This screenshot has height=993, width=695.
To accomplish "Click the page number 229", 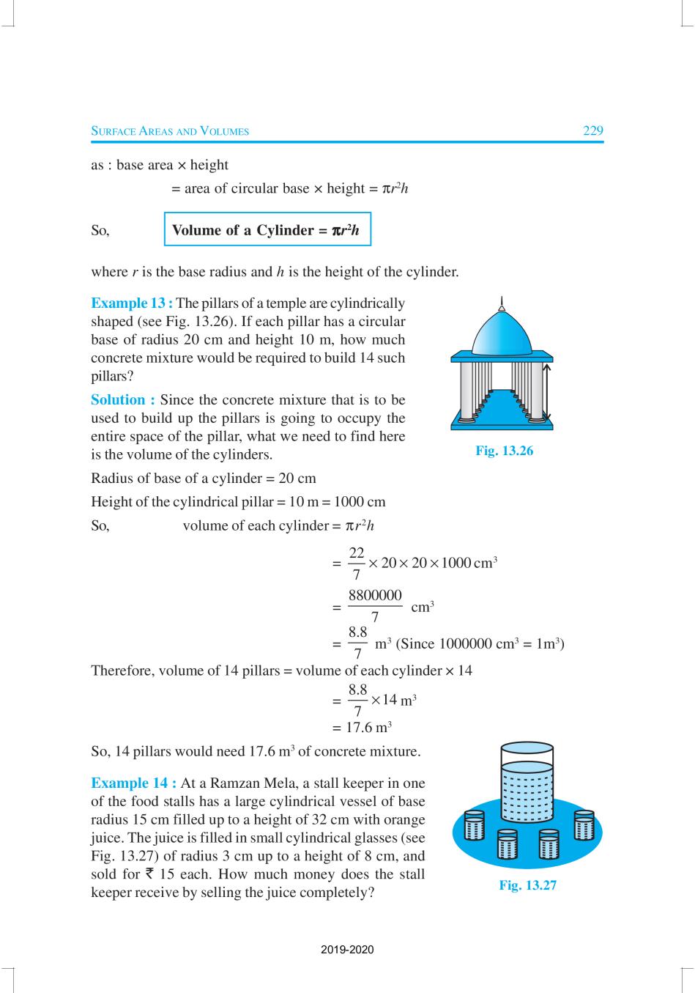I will click(592, 131).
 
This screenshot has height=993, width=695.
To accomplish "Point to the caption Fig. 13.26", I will click(504, 451).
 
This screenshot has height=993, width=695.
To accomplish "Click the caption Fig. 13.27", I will click(527, 885).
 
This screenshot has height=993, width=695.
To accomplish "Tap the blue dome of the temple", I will click(502, 333).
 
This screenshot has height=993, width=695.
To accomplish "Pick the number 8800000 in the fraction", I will click(375, 596).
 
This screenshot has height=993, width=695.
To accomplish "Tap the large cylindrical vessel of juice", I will click(527, 788).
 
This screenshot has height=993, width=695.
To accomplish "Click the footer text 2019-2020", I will click(347, 950).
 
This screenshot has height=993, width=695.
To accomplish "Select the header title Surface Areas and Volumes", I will click(170, 132).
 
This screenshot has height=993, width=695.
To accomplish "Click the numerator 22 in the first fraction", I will click(357, 555).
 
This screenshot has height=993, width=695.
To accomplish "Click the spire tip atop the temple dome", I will click(502, 300).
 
